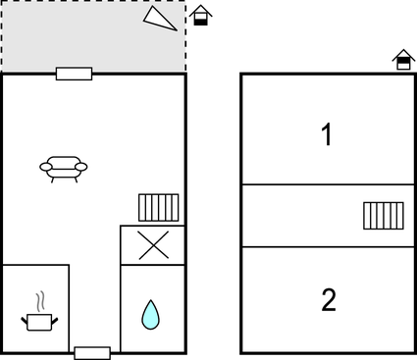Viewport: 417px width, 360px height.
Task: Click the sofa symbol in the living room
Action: pyautogui.click(x=64, y=169)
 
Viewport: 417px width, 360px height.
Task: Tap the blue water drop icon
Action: pyautogui.click(x=150, y=315)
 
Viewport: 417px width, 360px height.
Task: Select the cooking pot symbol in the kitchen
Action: pyautogui.click(x=39, y=323)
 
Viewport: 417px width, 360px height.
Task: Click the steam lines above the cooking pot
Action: pyautogui.click(x=40, y=301)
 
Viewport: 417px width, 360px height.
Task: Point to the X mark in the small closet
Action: pyautogui.click(x=153, y=245)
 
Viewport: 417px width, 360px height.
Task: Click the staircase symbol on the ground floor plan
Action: pyautogui.click(x=159, y=208)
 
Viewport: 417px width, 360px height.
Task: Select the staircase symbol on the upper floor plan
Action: pyautogui.click(x=384, y=216)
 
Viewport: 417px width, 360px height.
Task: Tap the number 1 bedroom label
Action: pyautogui.click(x=327, y=134)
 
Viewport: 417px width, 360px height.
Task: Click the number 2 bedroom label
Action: pyautogui.click(x=329, y=300)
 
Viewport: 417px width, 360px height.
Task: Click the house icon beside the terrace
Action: pyautogui.click(x=200, y=16)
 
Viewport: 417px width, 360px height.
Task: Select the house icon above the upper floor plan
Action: pyautogui.click(x=403, y=60)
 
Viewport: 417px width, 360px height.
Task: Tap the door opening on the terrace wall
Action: pyautogui.click(x=74, y=74)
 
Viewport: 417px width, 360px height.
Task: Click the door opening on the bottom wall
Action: pyautogui.click(x=92, y=353)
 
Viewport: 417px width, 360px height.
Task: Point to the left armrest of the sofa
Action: pyautogui.click(x=46, y=167)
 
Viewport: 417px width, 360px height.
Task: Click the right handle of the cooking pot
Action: pyautogui.click(x=55, y=321)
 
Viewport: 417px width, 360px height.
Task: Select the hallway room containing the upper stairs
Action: pyautogui.click(x=328, y=216)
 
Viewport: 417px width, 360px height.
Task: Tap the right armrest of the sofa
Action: pyautogui.click(x=81, y=167)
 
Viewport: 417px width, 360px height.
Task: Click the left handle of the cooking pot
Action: pyautogui.click(x=25, y=321)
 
